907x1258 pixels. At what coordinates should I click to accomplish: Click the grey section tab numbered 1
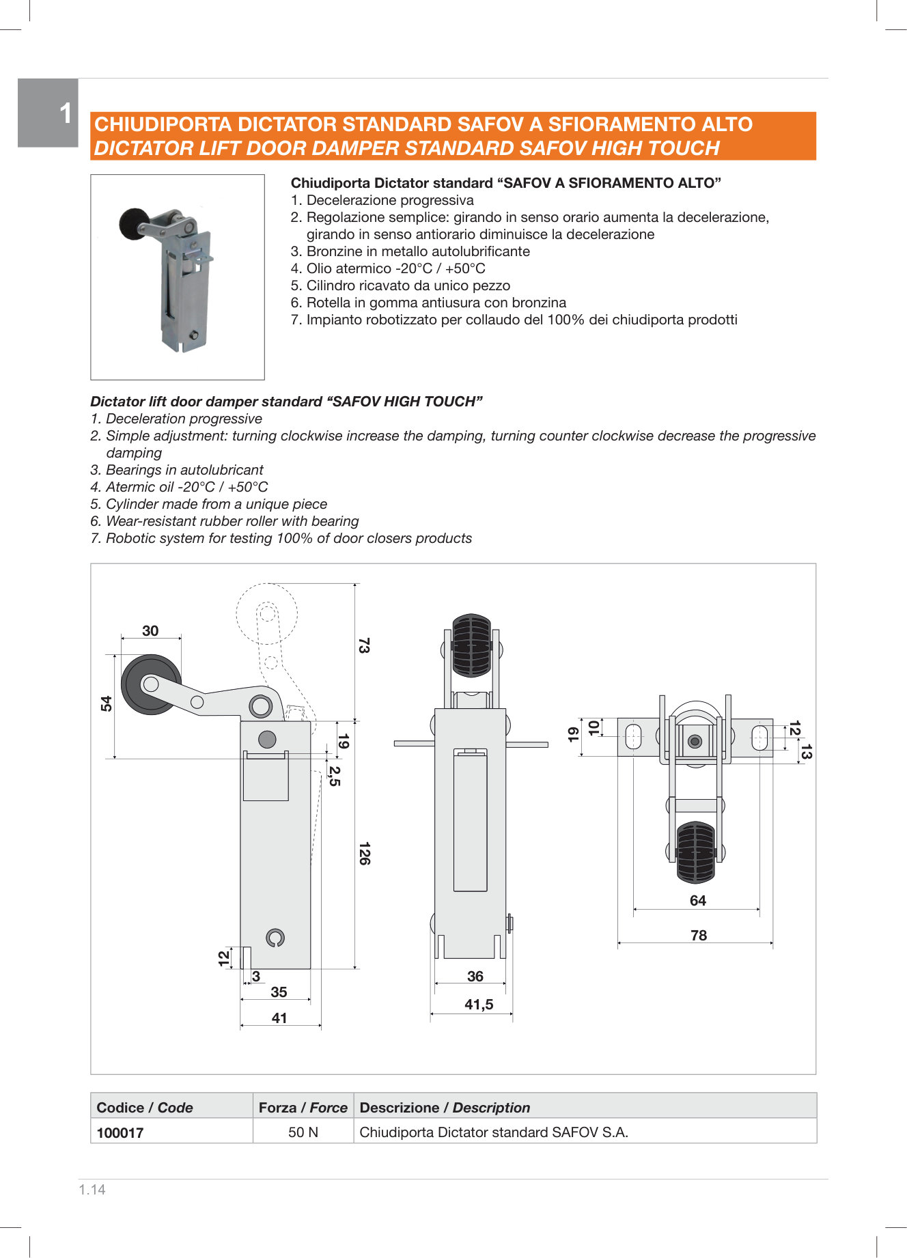pyautogui.click(x=48, y=113)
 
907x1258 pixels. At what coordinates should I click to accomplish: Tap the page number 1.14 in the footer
pyautogui.click(x=92, y=1189)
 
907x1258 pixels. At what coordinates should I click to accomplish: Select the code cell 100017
pyautogui.click(x=120, y=1132)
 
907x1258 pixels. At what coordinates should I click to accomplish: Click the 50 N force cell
pyautogui.click(x=303, y=1132)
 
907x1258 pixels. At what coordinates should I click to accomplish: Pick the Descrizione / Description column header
pyautogui.click(x=445, y=1107)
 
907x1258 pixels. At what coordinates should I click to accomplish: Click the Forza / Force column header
pyautogui.click(x=303, y=1107)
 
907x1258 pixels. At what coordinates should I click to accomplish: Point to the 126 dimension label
pyautogui.click(x=365, y=854)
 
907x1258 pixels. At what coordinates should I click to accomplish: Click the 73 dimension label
pyautogui.click(x=364, y=645)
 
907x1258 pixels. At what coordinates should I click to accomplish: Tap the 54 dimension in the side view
pyautogui.click(x=107, y=703)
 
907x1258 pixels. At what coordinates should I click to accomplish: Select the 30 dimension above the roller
pyautogui.click(x=150, y=630)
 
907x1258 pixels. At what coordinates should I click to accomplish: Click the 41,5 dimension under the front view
pyautogui.click(x=479, y=1004)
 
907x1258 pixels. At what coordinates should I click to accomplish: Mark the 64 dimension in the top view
pyautogui.click(x=697, y=900)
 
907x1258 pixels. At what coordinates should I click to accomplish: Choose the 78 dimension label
pyautogui.click(x=699, y=935)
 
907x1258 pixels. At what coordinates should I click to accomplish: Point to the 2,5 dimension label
pyautogui.click(x=334, y=775)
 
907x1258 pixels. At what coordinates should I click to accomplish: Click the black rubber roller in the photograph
pyautogui.click(x=134, y=223)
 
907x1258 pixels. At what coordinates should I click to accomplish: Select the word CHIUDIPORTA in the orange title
pyautogui.click(x=163, y=124)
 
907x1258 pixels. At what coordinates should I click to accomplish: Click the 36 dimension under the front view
pyautogui.click(x=475, y=976)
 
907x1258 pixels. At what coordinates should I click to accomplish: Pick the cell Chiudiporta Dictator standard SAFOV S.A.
pyautogui.click(x=494, y=1132)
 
